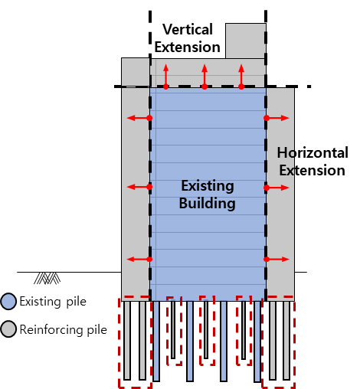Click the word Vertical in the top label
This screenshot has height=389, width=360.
pos(188,29)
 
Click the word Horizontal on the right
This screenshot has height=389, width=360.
pos(313,152)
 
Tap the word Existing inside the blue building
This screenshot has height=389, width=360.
pos(208,185)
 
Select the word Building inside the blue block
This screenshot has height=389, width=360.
pos(207,204)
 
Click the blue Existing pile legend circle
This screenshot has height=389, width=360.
pos(8,302)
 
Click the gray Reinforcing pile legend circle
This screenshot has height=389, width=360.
pos(8,329)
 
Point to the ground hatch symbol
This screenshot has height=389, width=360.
pos(47,278)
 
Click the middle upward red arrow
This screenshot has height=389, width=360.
pos(205,77)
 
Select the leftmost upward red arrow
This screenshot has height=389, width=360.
pos(166,77)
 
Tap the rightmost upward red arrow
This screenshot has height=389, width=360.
pos(241,77)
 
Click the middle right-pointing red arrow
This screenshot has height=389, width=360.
pos(277,188)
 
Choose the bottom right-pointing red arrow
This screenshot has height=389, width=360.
pos(277,260)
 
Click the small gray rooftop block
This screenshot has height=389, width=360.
pos(246,41)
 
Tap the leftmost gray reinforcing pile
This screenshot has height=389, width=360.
pos(127,341)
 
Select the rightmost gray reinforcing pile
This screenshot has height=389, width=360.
pos(286,341)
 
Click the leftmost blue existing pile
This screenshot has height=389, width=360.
pos(156,342)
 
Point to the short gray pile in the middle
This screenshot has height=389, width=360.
pos(206,330)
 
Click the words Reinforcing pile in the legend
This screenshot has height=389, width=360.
pos(63,329)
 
